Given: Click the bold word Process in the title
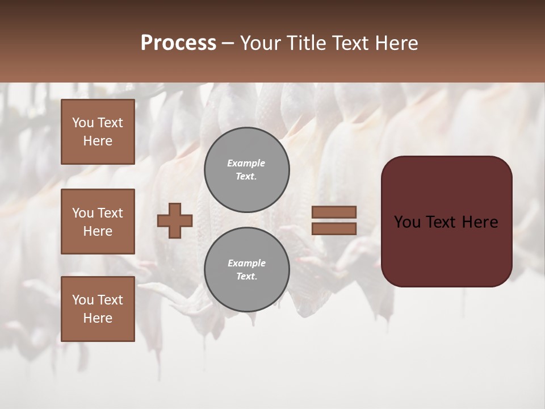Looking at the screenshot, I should click(x=178, y=43).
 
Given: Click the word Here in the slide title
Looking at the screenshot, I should click(x=395, y=43).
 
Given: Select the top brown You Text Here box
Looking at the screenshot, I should click(x=98, y=132).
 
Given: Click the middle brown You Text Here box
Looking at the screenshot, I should click(x=98, y=222).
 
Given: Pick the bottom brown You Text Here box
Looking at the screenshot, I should click(x=98, y=309).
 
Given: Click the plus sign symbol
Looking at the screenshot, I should click(x=175, y=220).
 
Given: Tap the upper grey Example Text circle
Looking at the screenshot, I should click(x=247, y=170).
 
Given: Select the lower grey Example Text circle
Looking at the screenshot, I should click(x=247, y=270).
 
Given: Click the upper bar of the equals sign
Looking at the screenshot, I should click(x=334, y=212).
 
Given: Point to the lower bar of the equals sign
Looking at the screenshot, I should click(x=334, y=228).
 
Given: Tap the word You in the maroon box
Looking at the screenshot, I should click(x=407, y=222).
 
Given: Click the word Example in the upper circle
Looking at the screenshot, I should click(x=246, y=163).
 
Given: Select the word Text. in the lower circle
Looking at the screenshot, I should click(x=246, y=277).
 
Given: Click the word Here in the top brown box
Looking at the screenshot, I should click(x=98, y=141).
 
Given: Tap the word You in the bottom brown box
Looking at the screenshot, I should click(x=82, y=300).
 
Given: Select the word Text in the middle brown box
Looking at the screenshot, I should click(x=110, y=213).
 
